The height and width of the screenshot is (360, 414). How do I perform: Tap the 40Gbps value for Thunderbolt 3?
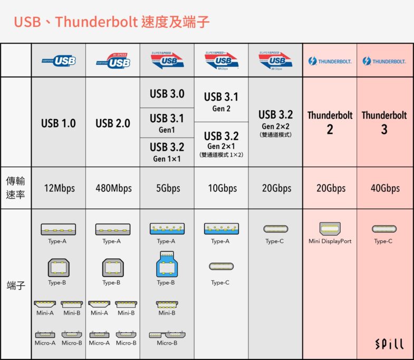pyautogui.click(x=384, y=188)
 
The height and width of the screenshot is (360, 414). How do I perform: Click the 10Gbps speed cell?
pyautogui.click(x=221, y=188)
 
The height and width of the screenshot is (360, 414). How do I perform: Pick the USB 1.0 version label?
pyautogui.click(x=58, y=123)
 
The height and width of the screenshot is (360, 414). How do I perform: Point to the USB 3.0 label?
pyautogui.click(x=167, y=94)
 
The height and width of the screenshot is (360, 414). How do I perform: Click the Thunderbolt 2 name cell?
pyautogui.click(x=330, y=122)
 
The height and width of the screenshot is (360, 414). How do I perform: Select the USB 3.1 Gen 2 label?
pyautogui.click(x=221, y=101)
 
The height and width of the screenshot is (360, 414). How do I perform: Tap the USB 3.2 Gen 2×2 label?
pyautogui.click(x=275, y=122)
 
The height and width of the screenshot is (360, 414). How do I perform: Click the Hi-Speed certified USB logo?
pyautogui.click(x=113, y=61)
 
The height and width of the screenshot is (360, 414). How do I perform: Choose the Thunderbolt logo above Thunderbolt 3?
pyautogui.click(x=384, y=61)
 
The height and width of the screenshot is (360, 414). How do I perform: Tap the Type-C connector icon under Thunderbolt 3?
pyautogui.click(x=384, y=229)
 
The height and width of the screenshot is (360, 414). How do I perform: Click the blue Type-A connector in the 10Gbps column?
pyautogui.click(x=220, y=229)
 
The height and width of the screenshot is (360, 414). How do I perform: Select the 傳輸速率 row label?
pyautogui.click(x=16, y=188)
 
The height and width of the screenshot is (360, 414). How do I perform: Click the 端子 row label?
pyautogui.click(x=16, y=285)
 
